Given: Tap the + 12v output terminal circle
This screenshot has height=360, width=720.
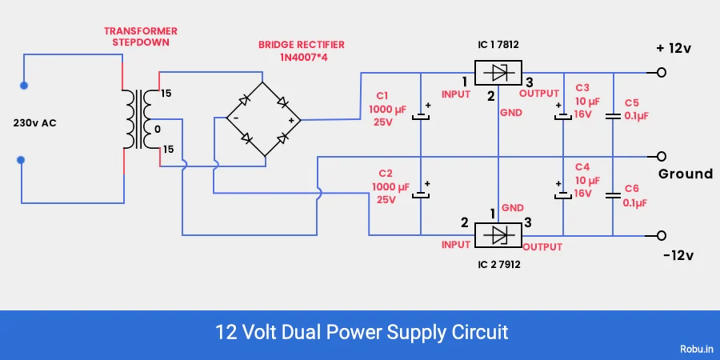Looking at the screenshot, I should coord(661,73).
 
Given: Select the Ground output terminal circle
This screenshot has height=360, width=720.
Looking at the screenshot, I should coord(661,155).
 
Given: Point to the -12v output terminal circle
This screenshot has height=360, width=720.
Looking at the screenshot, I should coord(661,235).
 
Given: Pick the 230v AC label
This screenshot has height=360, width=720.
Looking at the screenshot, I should coord(35,124).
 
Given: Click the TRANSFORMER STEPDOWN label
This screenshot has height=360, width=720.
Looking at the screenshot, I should coord(141,37).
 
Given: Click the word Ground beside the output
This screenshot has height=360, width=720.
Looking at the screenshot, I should coord(685,174).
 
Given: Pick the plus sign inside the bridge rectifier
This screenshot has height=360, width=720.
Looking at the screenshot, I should coord(290,120).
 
